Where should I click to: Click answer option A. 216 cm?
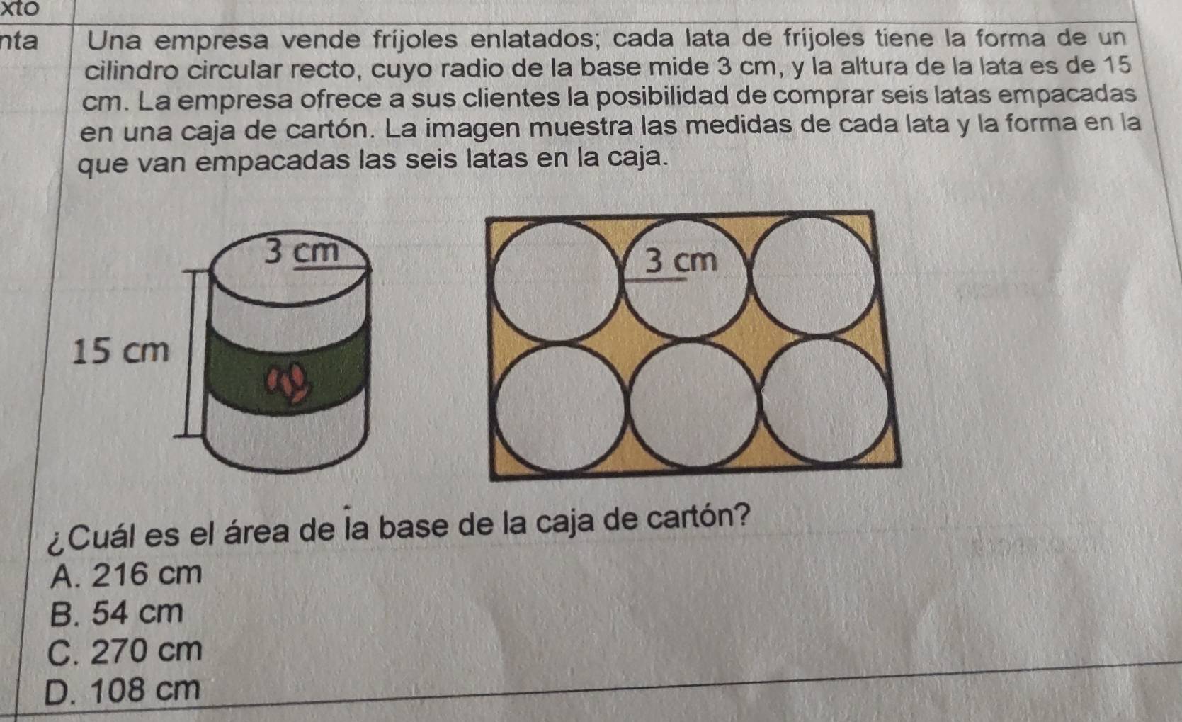coord(126,574)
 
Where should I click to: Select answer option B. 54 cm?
coord(117,613)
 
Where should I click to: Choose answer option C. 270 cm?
coord(125,650)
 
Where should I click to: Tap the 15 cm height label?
coord(121,351)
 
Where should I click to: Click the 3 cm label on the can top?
coord(301,251)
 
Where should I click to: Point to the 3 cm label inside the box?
coord(681,261)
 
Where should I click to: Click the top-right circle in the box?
coord(812,275)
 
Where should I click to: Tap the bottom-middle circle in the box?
coord(693,405)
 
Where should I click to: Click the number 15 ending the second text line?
coord(1117,65)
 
